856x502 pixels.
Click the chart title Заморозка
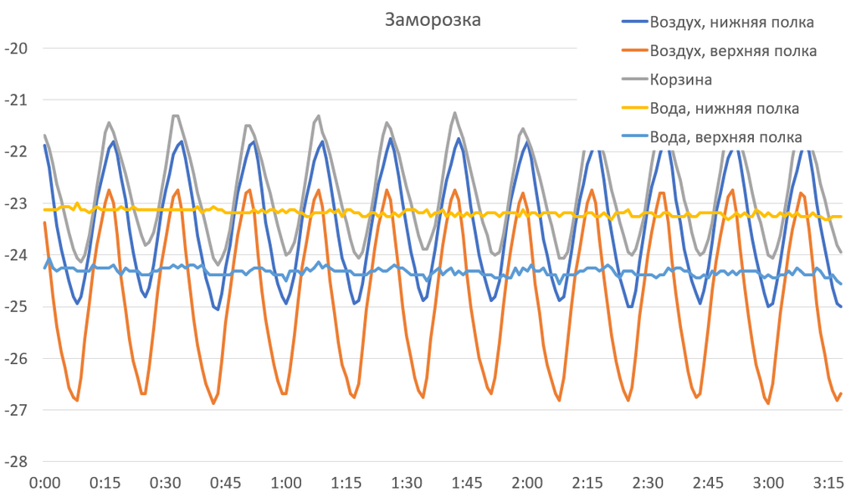(x=433, y=20)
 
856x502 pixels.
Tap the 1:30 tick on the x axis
(x=407, y=483)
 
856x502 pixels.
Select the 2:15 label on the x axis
(x=587, y=483)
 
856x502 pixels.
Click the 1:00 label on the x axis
(x=286, y=483)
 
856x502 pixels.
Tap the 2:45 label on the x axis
(x=708, y=483)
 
